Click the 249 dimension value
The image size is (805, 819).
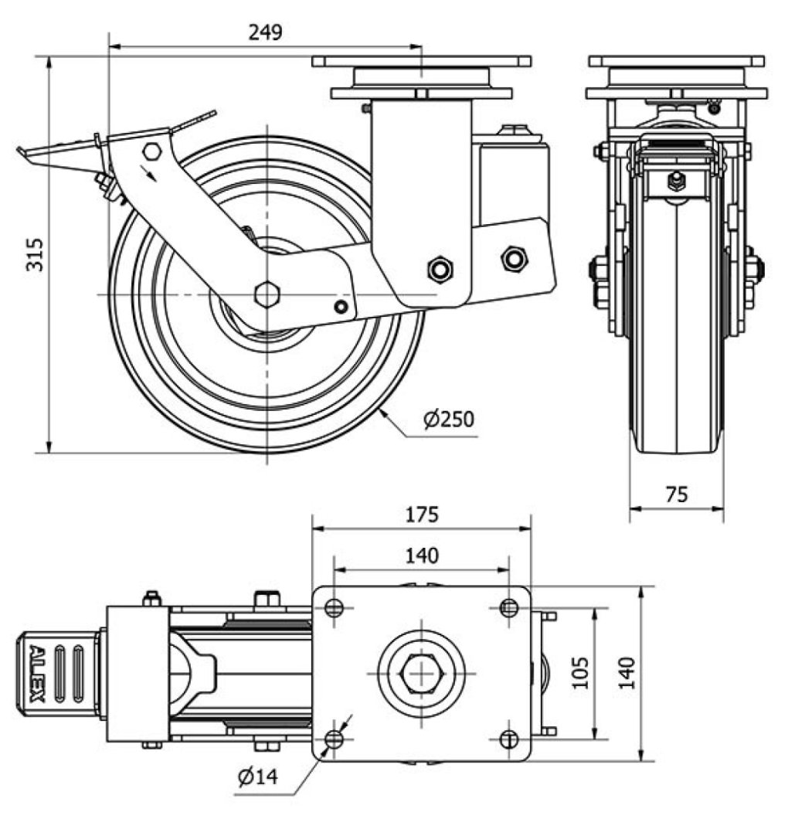[265, 32]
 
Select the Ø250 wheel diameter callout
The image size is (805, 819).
[448, 419]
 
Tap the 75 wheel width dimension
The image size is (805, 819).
[676, 494]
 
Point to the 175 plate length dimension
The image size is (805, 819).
[421, 514]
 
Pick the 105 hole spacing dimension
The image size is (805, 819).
[581, 672]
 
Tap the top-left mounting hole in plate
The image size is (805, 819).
[334, 608]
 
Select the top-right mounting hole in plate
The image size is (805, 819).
[508, 608]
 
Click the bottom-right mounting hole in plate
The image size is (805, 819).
[508, 739]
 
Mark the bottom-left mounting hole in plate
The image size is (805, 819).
[334, 739]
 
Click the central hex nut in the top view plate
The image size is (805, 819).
[421, 673]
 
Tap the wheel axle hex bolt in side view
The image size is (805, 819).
[267, 294]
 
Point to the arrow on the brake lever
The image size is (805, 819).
[150, 172]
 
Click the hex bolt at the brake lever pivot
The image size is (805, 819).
[152, 151]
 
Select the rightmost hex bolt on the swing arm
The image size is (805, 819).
[514, 258]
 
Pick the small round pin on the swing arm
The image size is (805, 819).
[341, 307]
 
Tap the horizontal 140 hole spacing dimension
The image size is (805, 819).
[421, 556]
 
